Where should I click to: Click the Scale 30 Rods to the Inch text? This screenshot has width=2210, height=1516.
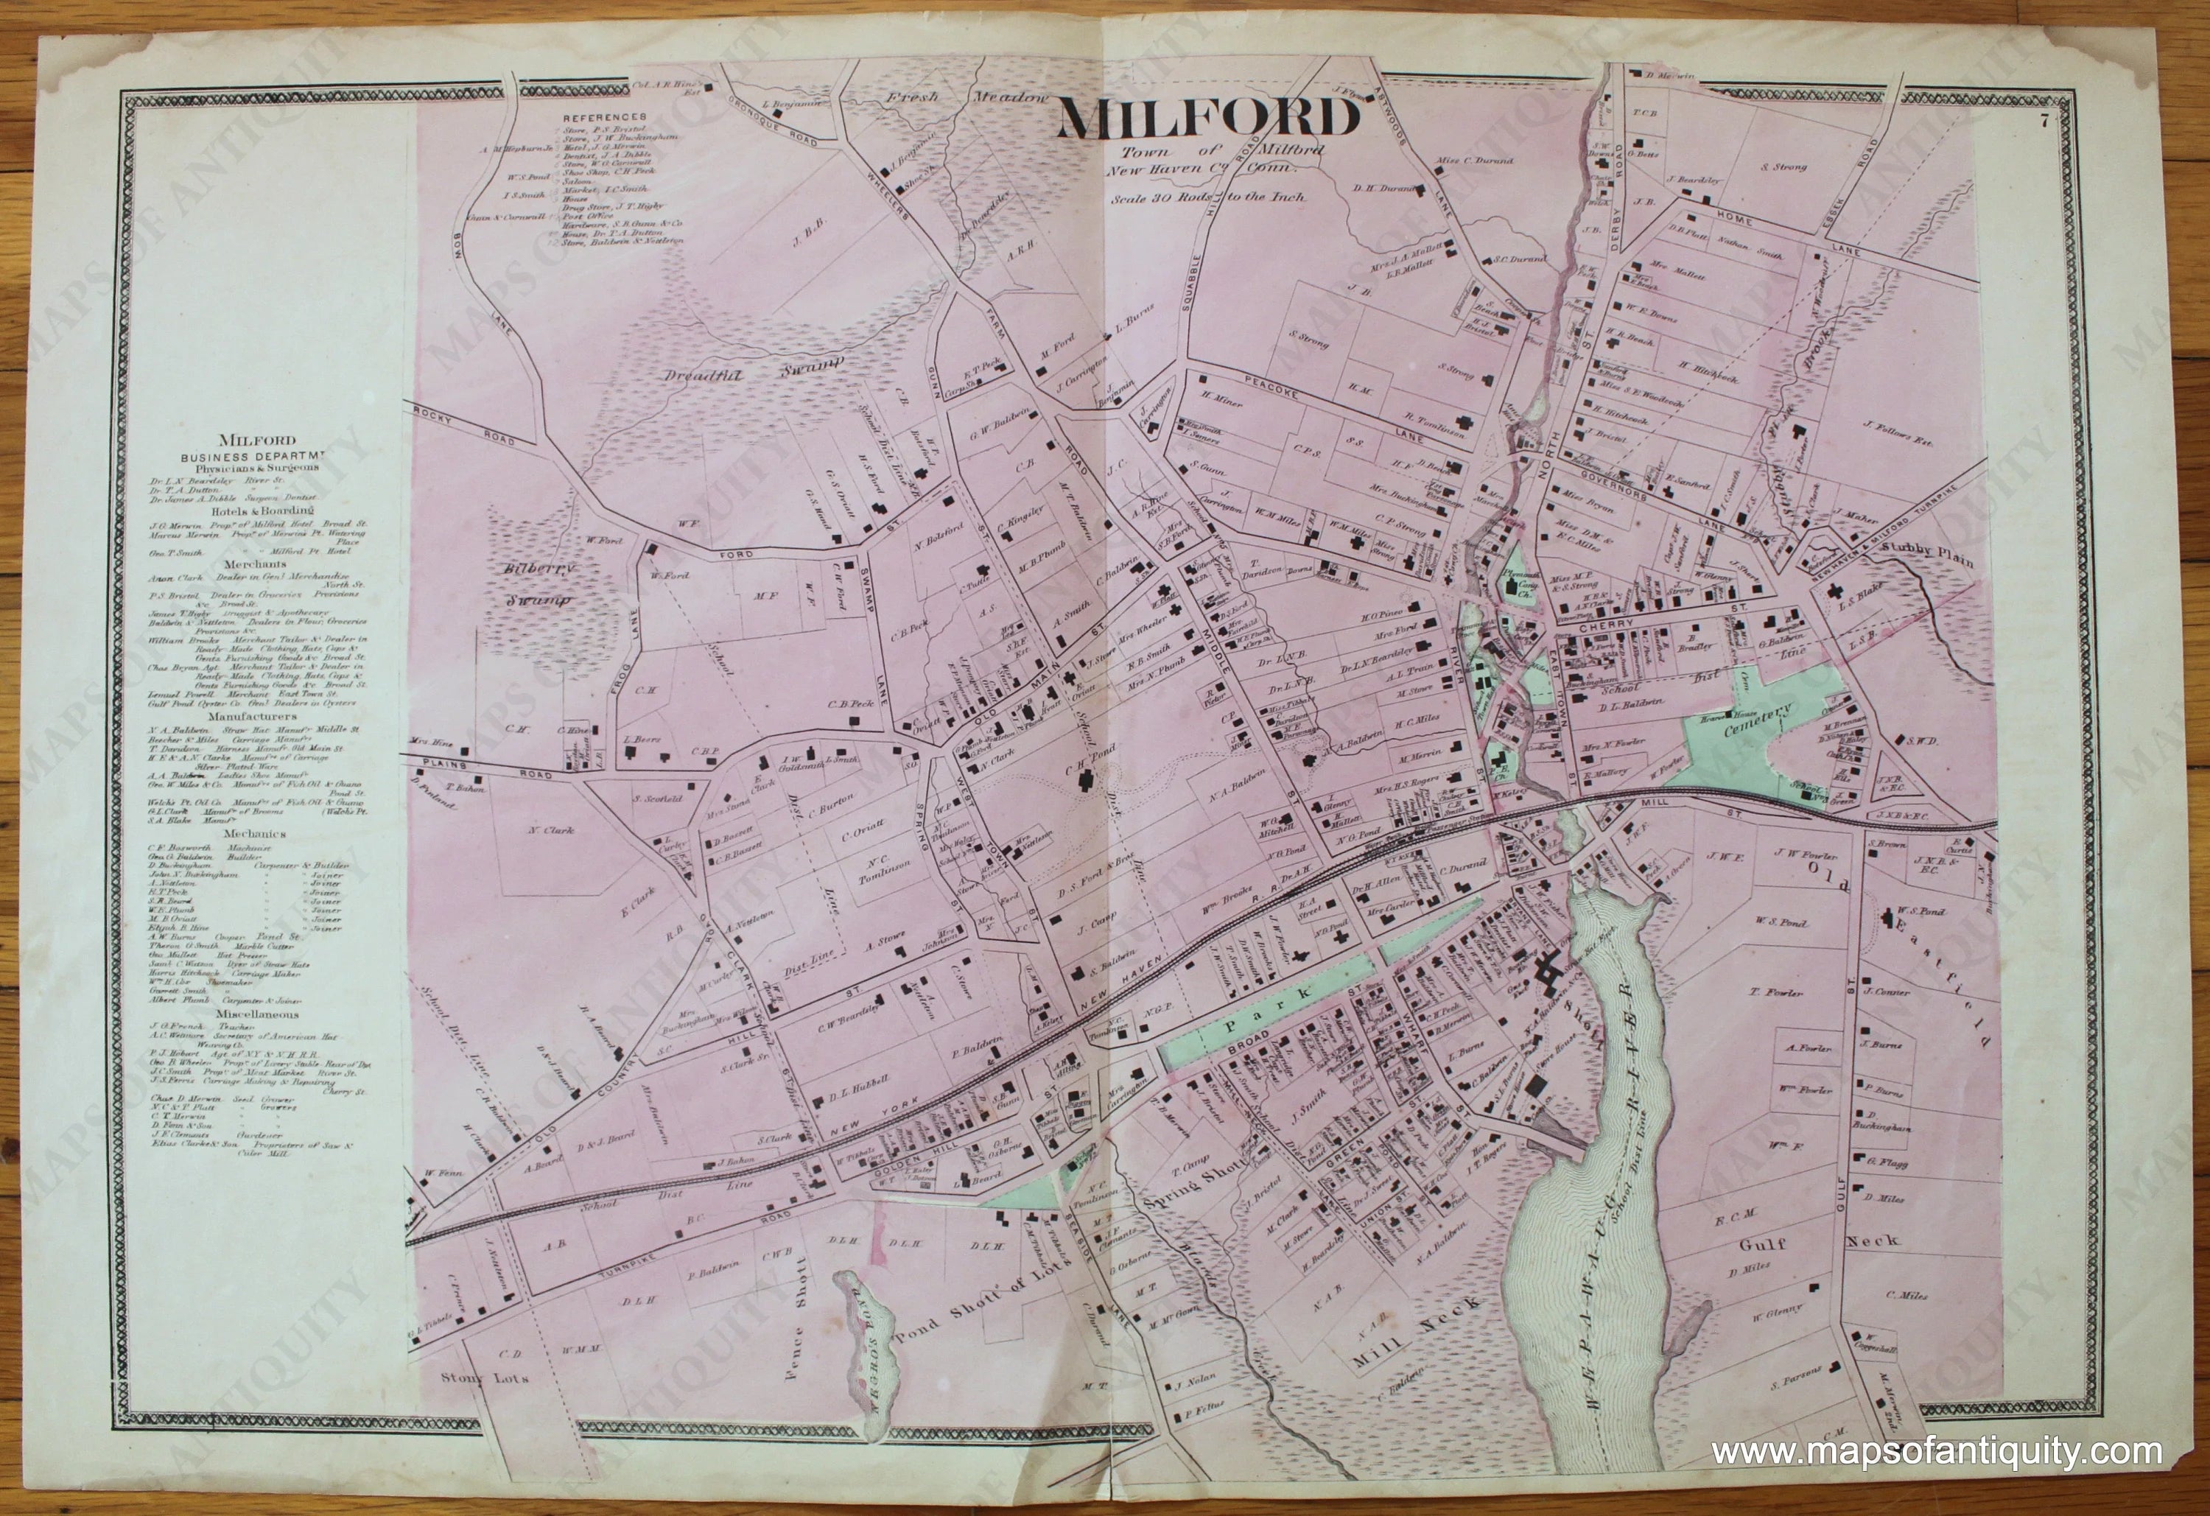[1207, 199]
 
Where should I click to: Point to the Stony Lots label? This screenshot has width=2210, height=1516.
[485, 1376]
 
